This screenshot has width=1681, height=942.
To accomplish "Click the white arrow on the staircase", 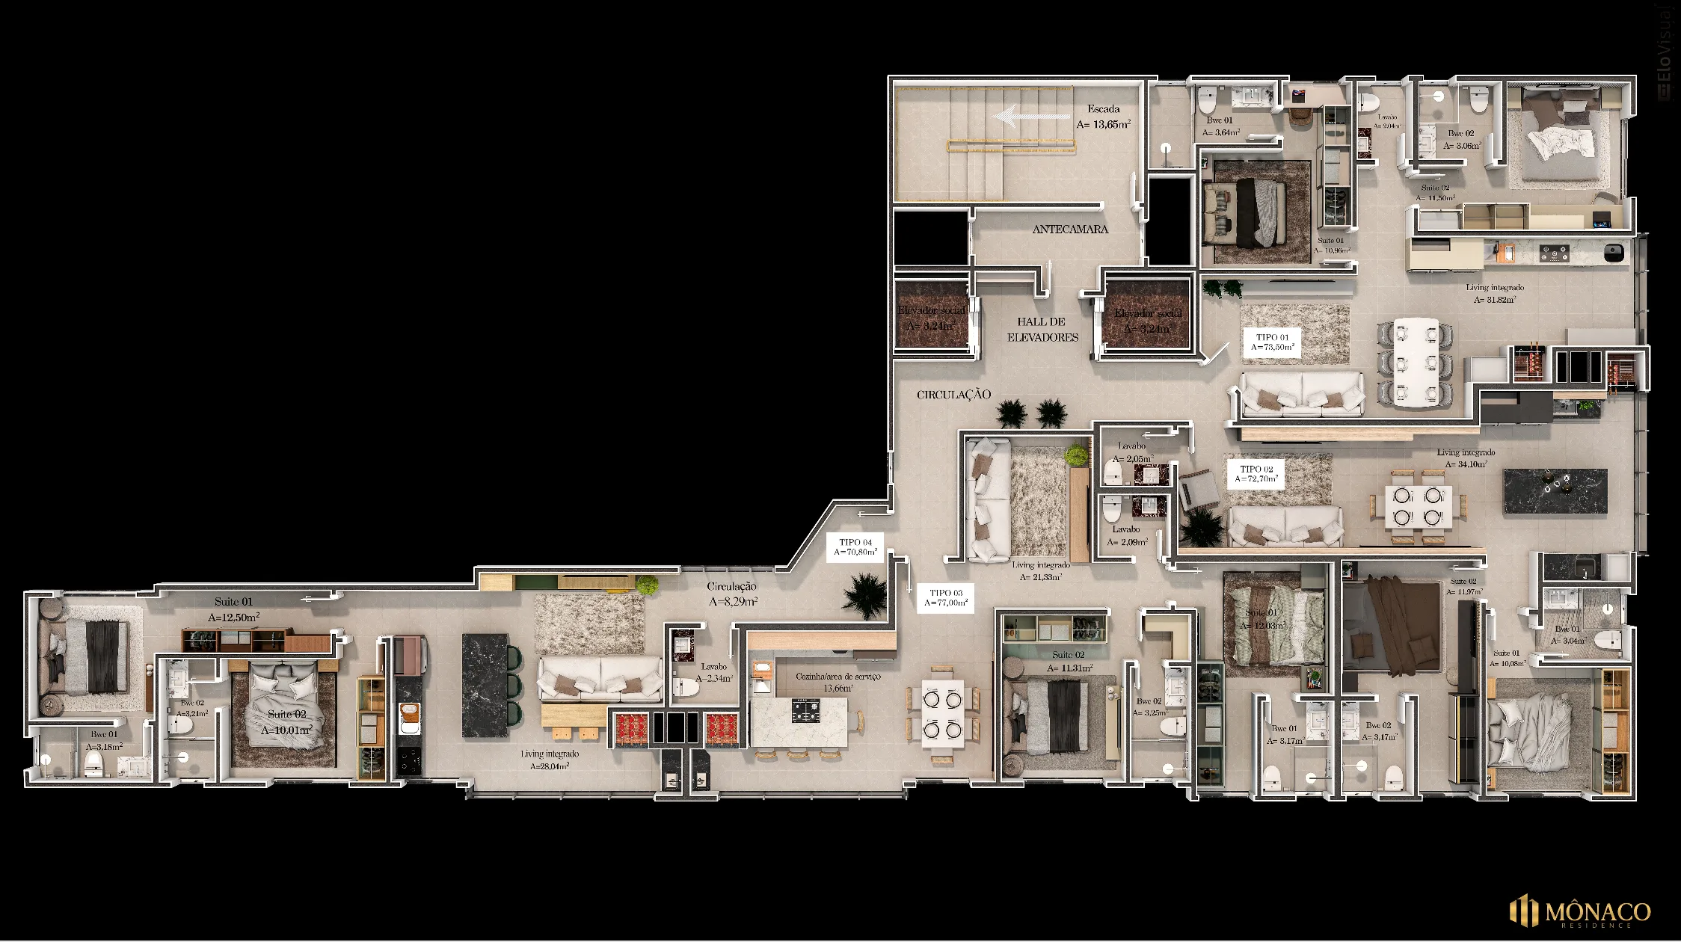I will click(1031, 116).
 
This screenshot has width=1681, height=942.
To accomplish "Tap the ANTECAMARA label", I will click(1070, 229).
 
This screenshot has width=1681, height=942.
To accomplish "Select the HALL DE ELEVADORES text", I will click(1042, 330).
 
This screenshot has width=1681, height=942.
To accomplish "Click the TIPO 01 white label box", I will click(1272, 342).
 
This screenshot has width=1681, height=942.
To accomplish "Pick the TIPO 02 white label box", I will click(1256, 474).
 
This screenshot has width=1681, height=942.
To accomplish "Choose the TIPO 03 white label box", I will click(946, 597).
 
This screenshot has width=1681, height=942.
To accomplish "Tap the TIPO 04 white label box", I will click(855, 547).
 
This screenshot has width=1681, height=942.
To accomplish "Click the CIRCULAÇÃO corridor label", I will click(953, 394).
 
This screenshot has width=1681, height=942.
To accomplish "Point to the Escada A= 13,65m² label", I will click(1103, 117).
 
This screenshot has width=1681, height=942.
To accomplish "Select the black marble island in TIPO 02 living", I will click(1555, 491).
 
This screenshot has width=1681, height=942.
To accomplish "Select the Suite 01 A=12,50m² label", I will click(233, 609).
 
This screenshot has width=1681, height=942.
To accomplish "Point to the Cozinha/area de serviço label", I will click(838, 682).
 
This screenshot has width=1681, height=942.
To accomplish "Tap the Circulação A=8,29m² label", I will click(732, 594).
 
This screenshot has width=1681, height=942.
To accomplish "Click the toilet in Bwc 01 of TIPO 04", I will click(93, 763).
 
